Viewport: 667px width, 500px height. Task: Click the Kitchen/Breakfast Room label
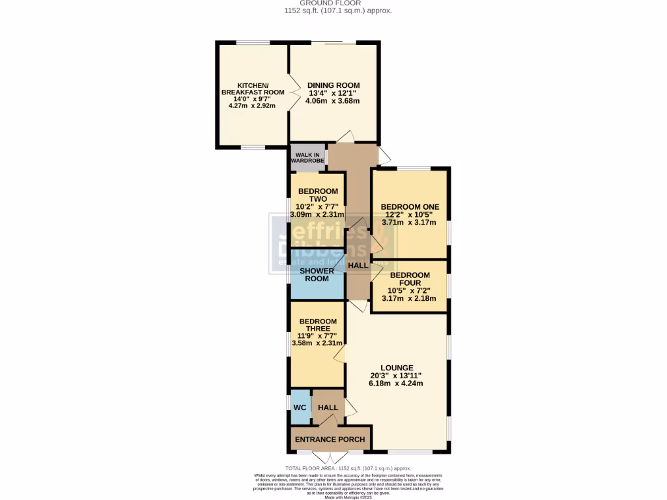(253, 89)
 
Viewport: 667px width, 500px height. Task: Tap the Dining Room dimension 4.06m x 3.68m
(333, 101)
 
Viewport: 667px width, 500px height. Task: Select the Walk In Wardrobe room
(307, 157)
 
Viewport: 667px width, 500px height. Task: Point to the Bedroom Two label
(318, 195)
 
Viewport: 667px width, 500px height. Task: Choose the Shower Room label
(317, 274)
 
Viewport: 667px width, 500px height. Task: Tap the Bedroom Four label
(410, 279)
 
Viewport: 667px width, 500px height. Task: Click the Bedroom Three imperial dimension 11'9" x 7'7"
(317, 336)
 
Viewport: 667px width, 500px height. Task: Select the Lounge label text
(397, 368)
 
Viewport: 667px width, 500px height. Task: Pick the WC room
(300, 408)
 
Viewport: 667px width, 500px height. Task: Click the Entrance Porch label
(330, 439)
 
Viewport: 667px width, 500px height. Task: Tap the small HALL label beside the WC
(328, 408)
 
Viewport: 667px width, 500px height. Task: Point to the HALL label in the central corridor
(358, 266)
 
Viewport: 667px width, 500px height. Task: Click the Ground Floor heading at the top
(338, 3)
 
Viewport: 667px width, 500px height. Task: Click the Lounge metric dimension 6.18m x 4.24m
(397, 383)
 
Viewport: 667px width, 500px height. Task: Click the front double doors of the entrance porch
(330, 455)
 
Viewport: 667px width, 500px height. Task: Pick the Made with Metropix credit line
(338, 497)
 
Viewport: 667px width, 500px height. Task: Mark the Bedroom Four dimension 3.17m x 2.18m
(410, 299)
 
